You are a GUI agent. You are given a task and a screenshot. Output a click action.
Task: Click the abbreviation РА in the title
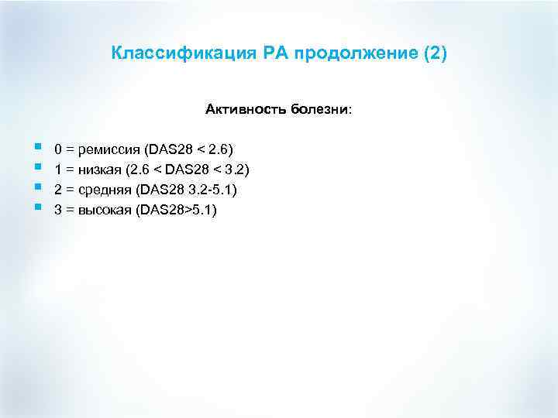point(253,54)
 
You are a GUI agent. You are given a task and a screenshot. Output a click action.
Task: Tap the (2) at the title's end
point(432,54)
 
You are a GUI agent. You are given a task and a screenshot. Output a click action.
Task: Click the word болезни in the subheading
point(321,110)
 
